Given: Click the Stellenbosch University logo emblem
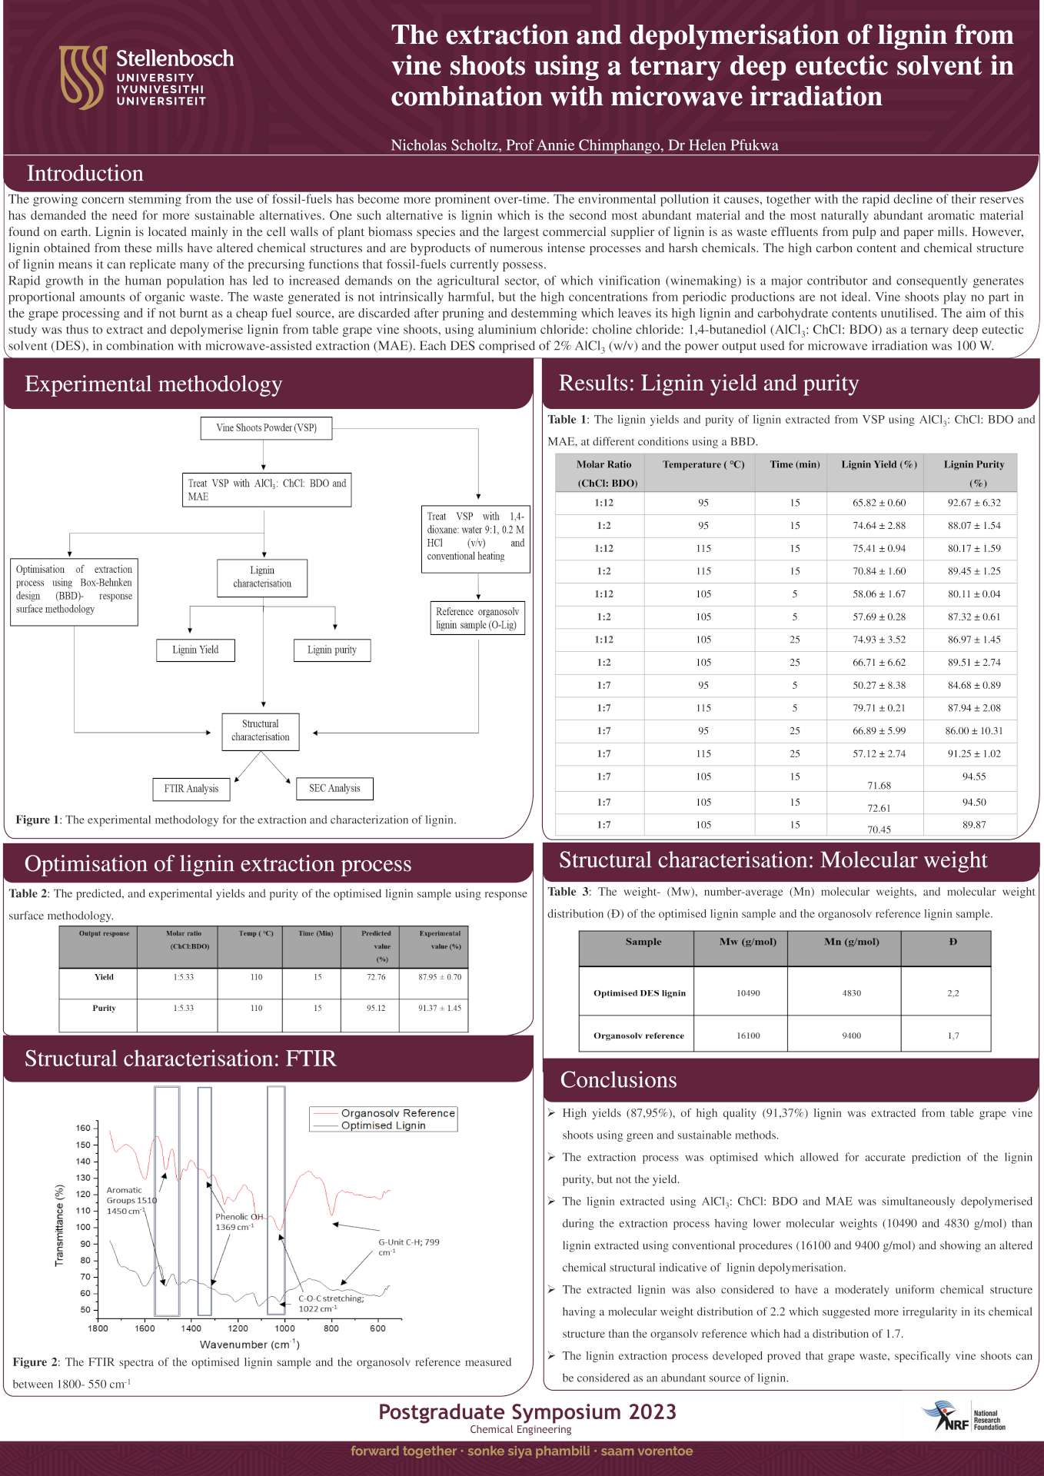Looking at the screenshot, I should pos(81,77).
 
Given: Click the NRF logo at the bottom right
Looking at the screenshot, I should pos(963,1415).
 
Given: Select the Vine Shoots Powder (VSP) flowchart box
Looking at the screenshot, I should pos(266,428).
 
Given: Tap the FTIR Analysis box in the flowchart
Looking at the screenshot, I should pos(191,789).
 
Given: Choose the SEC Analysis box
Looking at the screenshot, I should pos(334,788).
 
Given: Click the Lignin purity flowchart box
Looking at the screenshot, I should pos(332,650).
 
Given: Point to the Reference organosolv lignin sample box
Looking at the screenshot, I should pos(477,618).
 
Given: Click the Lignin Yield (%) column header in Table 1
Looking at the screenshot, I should pos(879,464).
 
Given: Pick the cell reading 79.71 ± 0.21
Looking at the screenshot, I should pos(879,708).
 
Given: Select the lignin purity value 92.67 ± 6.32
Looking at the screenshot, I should pos(974,503).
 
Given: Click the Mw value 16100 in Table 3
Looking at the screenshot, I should pos(748,1036).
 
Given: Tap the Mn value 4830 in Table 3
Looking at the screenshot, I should pos(851,993).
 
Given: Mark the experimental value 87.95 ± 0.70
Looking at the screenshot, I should pos(440,977).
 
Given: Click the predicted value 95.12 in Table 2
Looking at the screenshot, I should pos(376,1008).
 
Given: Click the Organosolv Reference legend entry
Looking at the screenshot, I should pos(397,1113).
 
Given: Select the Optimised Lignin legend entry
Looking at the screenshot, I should pos(383,1125).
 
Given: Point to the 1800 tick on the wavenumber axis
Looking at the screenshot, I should pos(98,1328).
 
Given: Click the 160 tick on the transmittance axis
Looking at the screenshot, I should pos(83,1129).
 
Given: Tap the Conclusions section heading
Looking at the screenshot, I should pos(618,1080).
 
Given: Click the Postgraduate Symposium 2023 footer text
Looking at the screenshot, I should pos(527,1412).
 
